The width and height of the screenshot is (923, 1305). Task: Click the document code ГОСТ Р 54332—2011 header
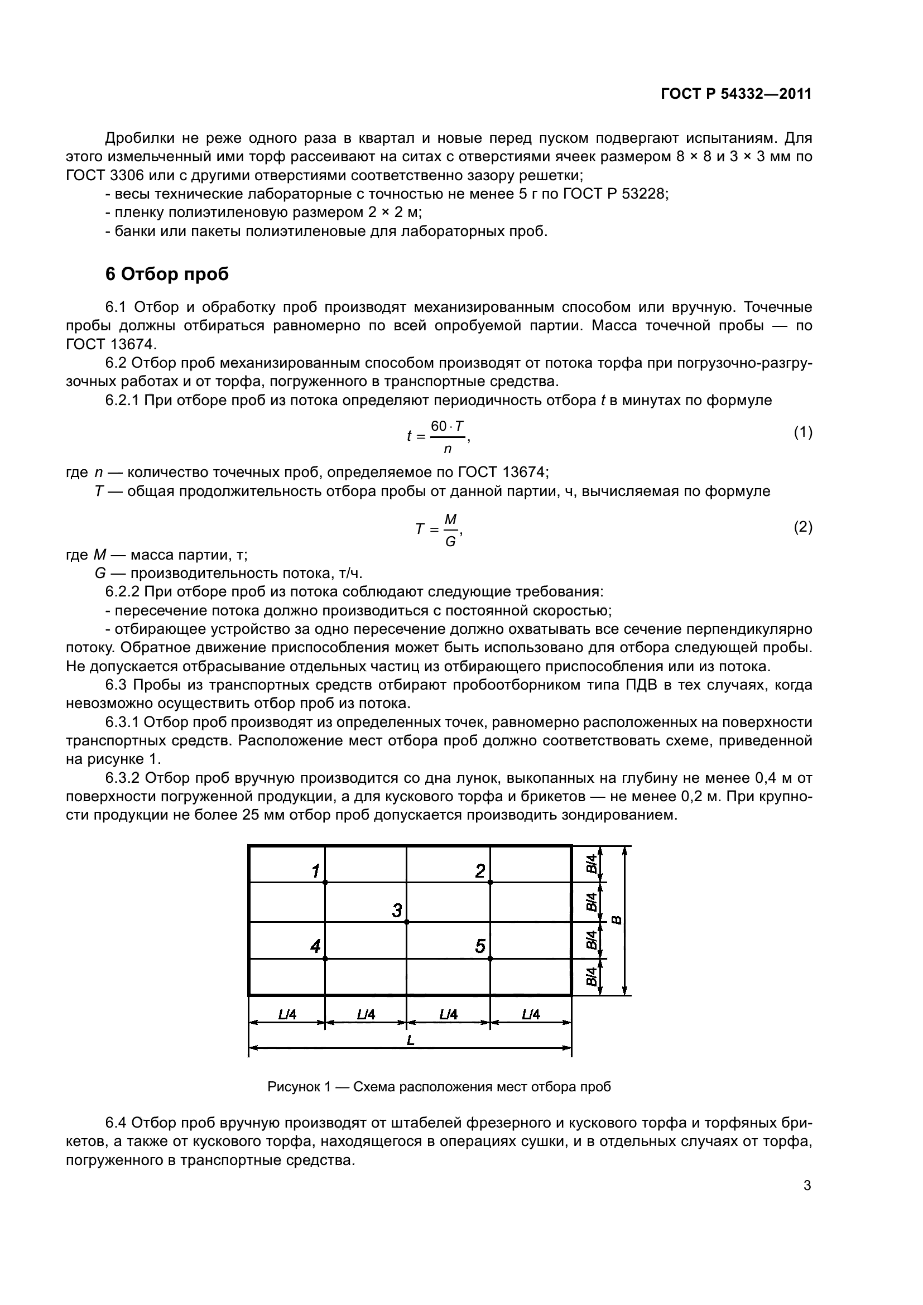pyautogui.click(x=736, y=94)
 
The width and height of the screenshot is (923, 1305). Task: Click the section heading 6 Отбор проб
pyautogui.click(x=167, y=274)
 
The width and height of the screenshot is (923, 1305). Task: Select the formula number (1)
pyautogui.click(x=802, y=433)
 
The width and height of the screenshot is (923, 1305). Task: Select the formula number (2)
pyautogui.click(x=802, y=527)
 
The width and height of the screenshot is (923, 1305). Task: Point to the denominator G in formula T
pyautogui.click(x=450, y=542)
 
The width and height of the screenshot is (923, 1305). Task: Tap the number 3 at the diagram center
pyautogui.click(x=397, y=911)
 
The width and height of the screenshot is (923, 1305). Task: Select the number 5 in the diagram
pyautogui.click(x=480, y=946)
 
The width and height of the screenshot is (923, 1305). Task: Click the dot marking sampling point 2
pyautogui.click(x=490, y=882)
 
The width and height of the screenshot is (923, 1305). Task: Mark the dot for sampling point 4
pyautogui.click(x=325, y=959)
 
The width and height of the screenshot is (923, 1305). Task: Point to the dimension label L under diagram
pyautogui.click(x=410, y=1040)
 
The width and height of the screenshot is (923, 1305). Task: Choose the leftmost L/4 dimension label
pyautogui.click(x=287, y=1014)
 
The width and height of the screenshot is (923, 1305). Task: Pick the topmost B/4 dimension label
pyautogui.click(x=591, y=864)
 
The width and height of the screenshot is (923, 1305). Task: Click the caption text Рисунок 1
pyautogui.click(x=299, y=1087)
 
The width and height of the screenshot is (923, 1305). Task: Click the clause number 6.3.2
pyautogui.click(x=123, y=778)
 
